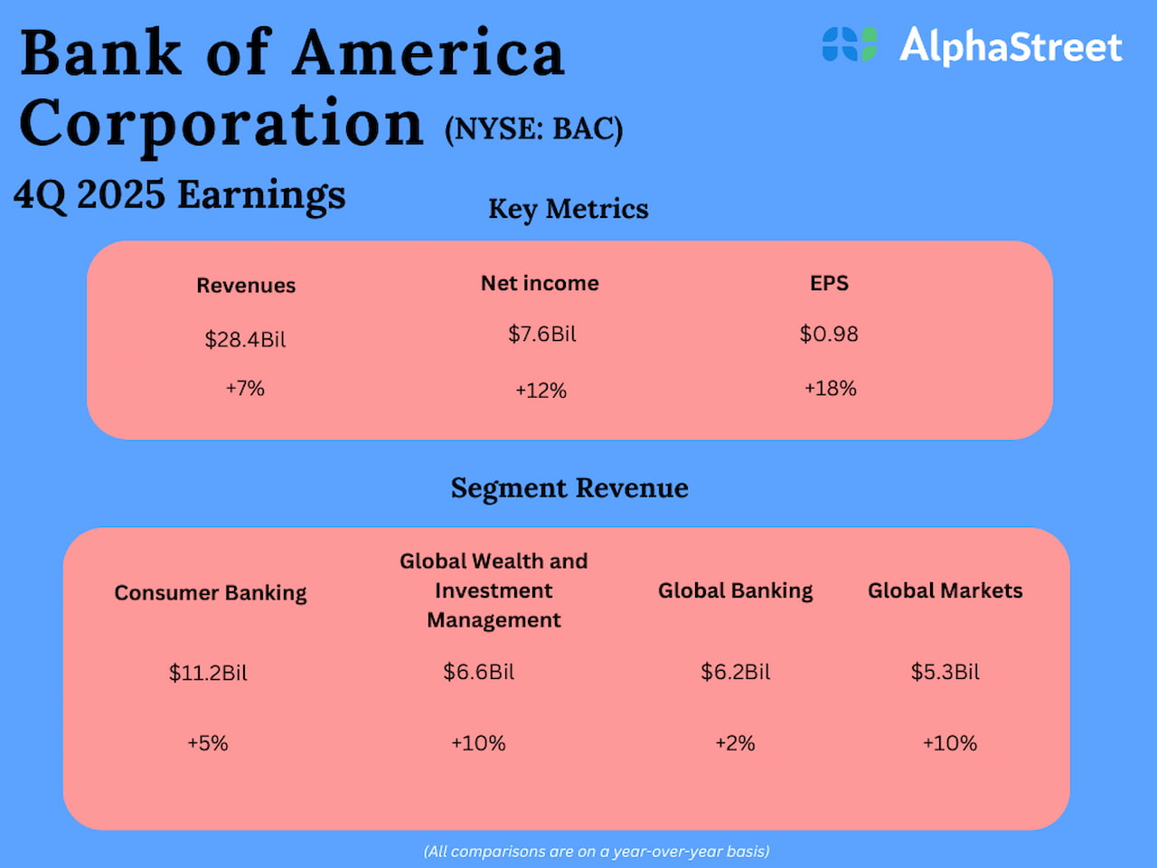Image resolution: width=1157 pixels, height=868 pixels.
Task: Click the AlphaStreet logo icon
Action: click(x=850, y=44)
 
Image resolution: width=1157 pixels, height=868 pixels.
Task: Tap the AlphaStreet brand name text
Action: click(x=1011, y=45)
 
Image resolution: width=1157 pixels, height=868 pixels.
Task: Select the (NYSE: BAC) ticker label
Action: click(x=533, y=129)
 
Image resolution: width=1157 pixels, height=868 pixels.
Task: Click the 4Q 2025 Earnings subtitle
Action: click(x=180, y=195)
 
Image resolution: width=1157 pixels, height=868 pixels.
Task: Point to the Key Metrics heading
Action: click(x=569, y=209)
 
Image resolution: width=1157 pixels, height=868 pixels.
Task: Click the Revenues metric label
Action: click(x=246, y=286)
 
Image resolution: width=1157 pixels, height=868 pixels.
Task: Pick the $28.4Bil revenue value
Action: click(x=245, y=340)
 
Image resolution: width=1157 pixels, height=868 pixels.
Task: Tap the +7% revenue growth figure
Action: click(x=245, y=389)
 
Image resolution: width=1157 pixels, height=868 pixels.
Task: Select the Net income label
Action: click(x=540, y=283)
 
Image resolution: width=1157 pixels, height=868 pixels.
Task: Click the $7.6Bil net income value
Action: click(x=541, y=335)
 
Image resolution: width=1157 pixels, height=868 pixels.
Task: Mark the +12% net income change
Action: click(x=541, y=391)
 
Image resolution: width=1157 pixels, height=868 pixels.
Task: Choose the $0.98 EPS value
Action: click(x=829, y=335)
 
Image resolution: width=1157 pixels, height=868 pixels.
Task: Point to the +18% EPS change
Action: click(x=830, y=389)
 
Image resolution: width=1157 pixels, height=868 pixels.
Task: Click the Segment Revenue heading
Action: click(x=569, y=488)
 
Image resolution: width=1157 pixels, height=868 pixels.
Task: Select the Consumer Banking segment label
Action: click(x=211, y=593)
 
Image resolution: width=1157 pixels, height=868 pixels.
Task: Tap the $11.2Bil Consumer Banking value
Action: click(x=208, y=673)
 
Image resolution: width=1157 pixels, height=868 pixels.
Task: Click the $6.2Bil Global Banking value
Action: click(x=736, y=672)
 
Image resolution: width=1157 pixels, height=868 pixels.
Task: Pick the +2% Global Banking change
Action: click(x=735, y=743)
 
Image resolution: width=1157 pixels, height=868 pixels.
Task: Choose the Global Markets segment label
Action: click(x=945, y=591)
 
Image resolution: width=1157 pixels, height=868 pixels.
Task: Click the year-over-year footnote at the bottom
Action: click(x=597, y=851)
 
